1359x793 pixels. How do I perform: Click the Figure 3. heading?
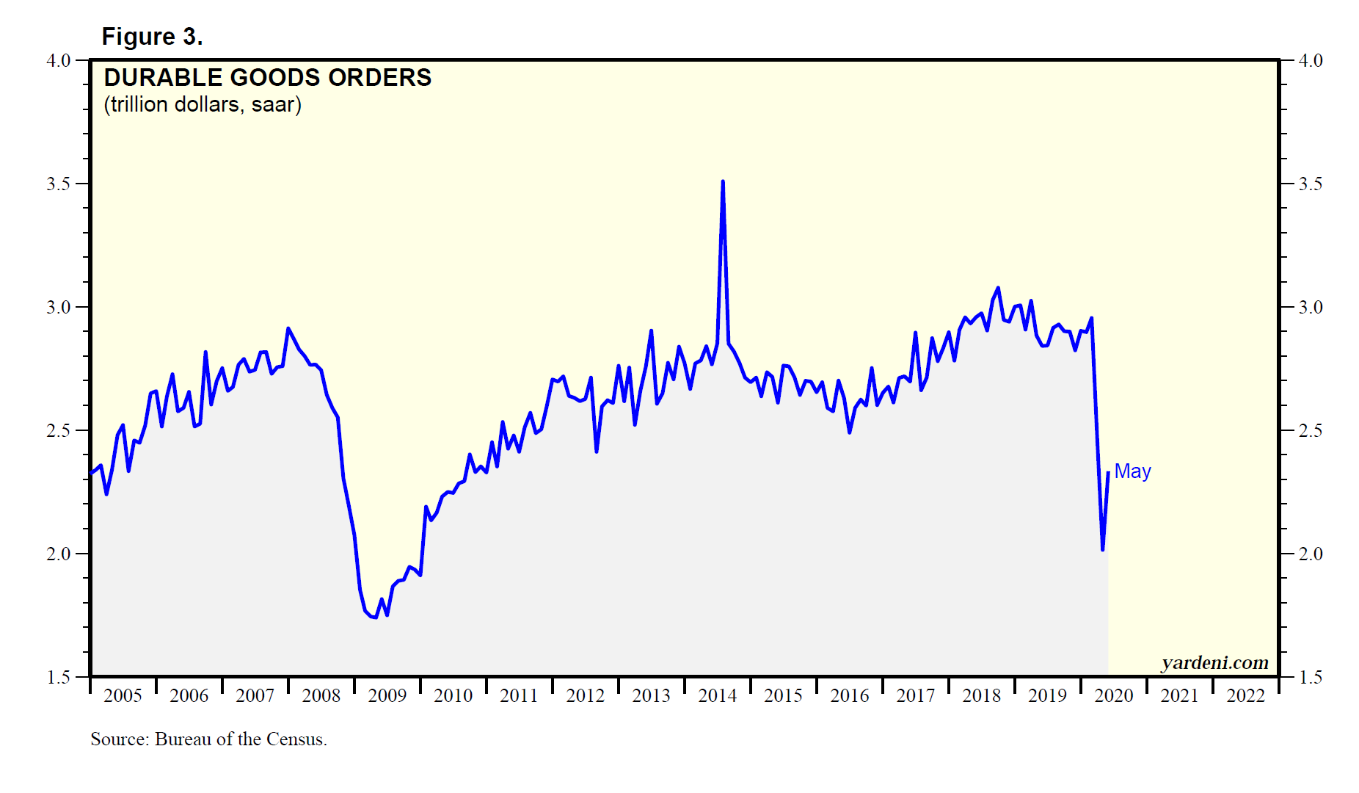pos(152,37)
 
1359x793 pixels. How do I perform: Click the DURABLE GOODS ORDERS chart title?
pos(268,78)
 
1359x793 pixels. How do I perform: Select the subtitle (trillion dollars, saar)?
pos(203,104)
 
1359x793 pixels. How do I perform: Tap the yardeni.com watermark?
pos(1214,662)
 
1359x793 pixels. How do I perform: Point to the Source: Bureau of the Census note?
pos(208,739)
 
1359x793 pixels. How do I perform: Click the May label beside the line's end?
pos(1132,471)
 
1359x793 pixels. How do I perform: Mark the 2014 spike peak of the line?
pos(723,181)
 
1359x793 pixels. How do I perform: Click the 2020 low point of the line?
pos(1102,549)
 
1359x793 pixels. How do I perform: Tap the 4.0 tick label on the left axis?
pos(59,60)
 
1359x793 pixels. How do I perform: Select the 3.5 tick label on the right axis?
pos(1311,184)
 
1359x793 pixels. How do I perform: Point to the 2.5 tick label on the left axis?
pos(59,430)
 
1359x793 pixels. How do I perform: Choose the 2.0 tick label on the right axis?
pos(1311,554)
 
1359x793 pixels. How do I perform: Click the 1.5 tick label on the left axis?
pos(59,677)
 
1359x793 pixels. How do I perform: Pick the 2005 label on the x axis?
pos(123,695)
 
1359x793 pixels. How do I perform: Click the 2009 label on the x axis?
pos(387,695)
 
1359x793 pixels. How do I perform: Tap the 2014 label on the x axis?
pos(717,695)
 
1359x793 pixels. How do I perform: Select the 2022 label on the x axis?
pos(1245,695)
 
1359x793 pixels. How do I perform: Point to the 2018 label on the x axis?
pos(981,695)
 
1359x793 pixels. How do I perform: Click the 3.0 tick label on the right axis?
pos(1311,307)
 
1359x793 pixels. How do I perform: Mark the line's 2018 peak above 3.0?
pos(998,288)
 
